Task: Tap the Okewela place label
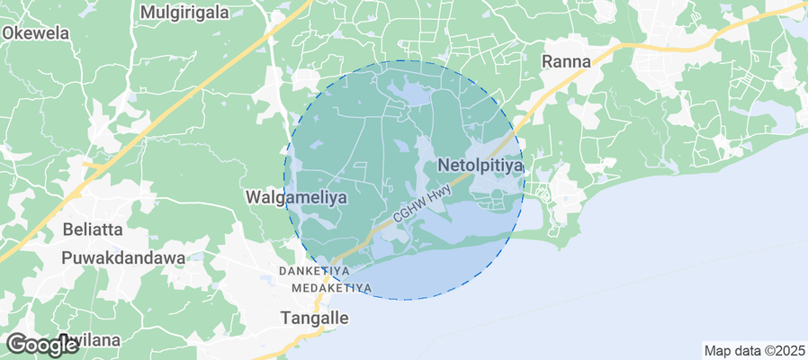[36, 32]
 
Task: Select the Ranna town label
[566, 61]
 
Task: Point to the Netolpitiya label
[480, 166]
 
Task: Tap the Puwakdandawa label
[123, 257]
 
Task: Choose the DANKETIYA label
[314, 271]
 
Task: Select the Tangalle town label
[314, 318]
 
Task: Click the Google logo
[41, 344]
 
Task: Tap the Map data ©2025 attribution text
[754, 350]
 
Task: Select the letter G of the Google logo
[16, 344]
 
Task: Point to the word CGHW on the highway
[409, 213]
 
